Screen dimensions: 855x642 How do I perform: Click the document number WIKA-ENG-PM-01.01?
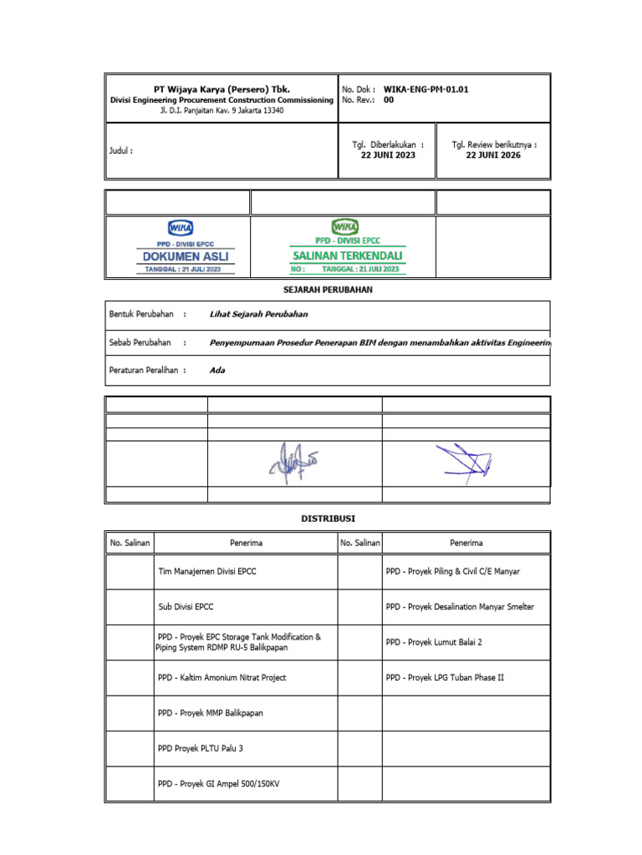pos(431,88)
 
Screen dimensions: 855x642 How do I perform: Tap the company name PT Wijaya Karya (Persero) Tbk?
pos(222,88)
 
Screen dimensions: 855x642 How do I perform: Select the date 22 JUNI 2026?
pos(493,155)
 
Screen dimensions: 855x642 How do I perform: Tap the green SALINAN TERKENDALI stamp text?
pos(347,255)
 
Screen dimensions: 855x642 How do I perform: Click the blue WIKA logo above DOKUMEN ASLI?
pos(181,227)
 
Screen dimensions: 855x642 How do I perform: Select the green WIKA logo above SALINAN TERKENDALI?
pos(345,226)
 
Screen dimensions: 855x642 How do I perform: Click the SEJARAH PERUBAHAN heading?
pos(327,289)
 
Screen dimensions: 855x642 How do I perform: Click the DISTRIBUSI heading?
pos(327,519)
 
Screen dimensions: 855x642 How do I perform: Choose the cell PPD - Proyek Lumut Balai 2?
pos(434,642)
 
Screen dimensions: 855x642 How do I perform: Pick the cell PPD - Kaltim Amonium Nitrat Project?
pos(222,678)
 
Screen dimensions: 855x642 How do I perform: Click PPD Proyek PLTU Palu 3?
pos(201,749)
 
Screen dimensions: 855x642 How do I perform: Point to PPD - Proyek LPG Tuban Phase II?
pos(445,678)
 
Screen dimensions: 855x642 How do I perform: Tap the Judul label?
pos(121,151)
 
